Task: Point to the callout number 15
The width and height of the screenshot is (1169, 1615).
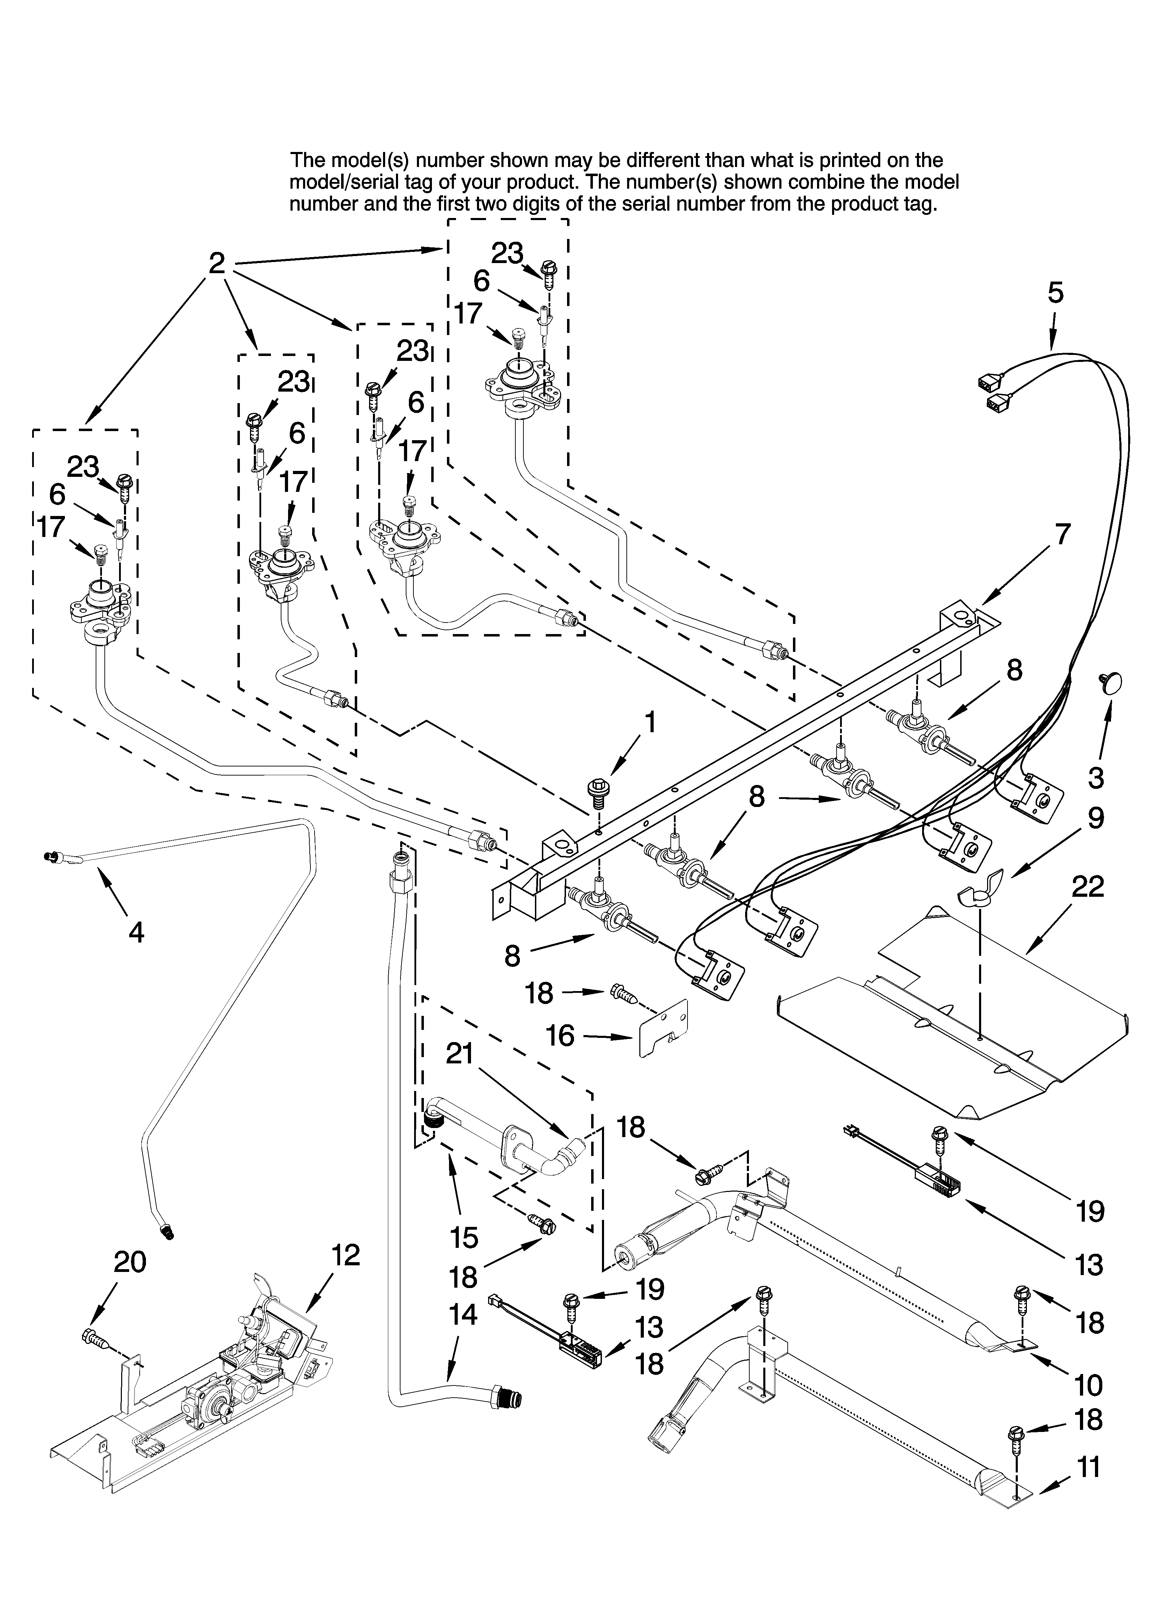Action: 463,1238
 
